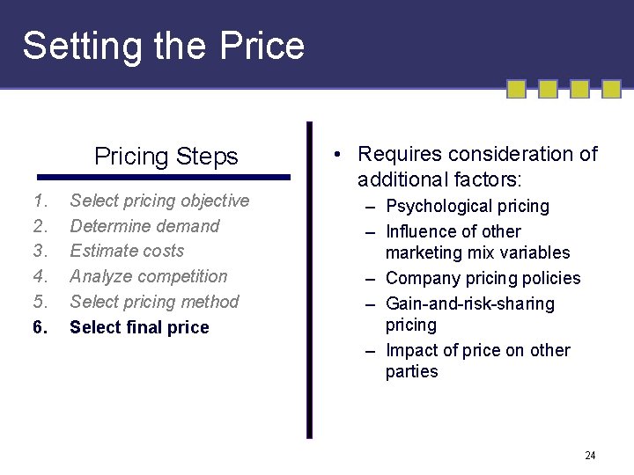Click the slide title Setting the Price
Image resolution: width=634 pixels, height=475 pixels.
(x=163, y=46)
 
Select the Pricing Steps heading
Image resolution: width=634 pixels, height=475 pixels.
(x=166, y=157)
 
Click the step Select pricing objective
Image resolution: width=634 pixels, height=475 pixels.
(x=159, y=201)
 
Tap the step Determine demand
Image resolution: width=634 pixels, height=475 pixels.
(x=144, y=226)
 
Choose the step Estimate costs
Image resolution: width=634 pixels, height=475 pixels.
(x=127, y=251)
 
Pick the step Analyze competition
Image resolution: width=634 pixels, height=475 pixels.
(x=148, y=276)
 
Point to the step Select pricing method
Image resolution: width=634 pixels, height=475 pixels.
(x=154, y=302)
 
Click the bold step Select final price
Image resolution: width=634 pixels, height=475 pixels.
(x=139, y=327)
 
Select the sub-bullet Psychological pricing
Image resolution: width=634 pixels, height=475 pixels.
(x=467, y=207)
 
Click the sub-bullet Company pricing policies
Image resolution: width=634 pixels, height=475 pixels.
(x=483, y=279)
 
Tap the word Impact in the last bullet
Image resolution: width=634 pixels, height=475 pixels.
(x=414, y=351)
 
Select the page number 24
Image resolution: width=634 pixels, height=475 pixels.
(x=590, y=456)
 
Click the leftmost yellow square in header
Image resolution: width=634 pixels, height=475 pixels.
(x=517, y=89)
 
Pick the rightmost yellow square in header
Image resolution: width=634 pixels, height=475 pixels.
(x=612, y=89)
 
